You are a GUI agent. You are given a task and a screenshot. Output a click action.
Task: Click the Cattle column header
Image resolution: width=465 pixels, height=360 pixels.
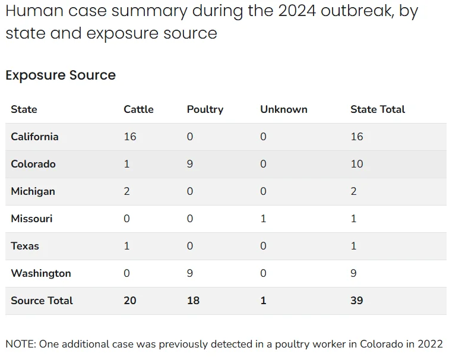point(138,109)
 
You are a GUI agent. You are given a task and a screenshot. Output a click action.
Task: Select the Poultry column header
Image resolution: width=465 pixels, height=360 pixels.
point(205,110)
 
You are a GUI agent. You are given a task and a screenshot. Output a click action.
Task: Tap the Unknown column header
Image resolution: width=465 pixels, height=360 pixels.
point(283,109)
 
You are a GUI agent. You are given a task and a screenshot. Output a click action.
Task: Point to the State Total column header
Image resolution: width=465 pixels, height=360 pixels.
point(378,109)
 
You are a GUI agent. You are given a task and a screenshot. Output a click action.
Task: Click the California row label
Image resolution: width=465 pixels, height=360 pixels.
point(34,137)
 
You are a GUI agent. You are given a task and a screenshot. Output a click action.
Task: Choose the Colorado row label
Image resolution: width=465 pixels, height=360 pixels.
point(33,164)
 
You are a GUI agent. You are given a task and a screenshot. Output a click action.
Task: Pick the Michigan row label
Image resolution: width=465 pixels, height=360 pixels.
point(33,191)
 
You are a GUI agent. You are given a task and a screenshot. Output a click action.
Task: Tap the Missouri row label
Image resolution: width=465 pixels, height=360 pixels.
point(31,219)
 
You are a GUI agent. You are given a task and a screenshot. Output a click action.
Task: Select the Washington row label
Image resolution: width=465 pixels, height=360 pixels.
point(41,273)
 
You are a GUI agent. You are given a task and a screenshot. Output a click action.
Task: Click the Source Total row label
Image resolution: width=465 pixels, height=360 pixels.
point(42,301)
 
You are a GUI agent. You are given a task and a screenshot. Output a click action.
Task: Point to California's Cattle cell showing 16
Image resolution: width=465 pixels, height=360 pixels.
point(130,137)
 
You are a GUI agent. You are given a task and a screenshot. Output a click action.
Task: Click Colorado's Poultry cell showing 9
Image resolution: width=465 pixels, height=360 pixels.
point(190,164)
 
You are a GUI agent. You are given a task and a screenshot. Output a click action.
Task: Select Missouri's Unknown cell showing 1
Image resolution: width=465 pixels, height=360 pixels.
point(263,219)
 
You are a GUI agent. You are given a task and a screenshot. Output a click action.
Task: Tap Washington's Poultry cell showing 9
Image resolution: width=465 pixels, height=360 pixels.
point(190,273)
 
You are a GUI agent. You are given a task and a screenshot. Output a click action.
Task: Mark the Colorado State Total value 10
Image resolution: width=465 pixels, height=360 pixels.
point(357,164)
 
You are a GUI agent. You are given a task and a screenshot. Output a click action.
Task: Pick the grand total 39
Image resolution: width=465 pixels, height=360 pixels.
point(357,301)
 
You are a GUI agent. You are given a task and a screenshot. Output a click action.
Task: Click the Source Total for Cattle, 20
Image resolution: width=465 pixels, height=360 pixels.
point(130,301)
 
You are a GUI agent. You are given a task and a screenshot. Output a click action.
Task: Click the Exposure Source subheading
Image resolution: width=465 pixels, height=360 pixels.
point(61,75)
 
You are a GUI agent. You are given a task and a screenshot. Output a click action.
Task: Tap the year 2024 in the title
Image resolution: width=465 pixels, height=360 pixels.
point(297,11)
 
